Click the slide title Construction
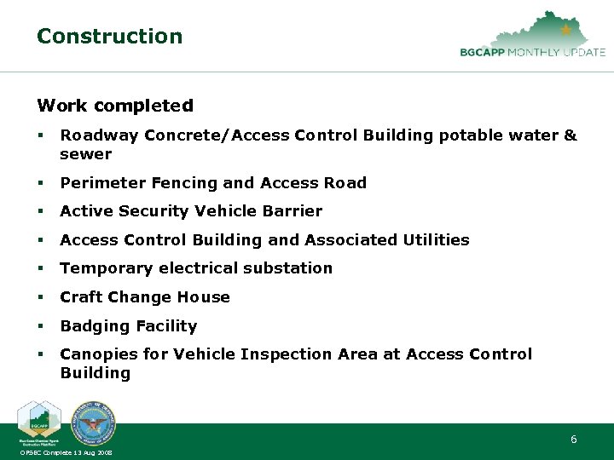[109, 37]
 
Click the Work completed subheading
[114, 106]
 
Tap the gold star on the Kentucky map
[565, 30]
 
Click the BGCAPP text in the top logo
[484, 52]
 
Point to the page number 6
[573, 440]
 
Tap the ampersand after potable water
[571, 135]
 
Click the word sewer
[85, 154]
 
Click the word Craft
[81, 297]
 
